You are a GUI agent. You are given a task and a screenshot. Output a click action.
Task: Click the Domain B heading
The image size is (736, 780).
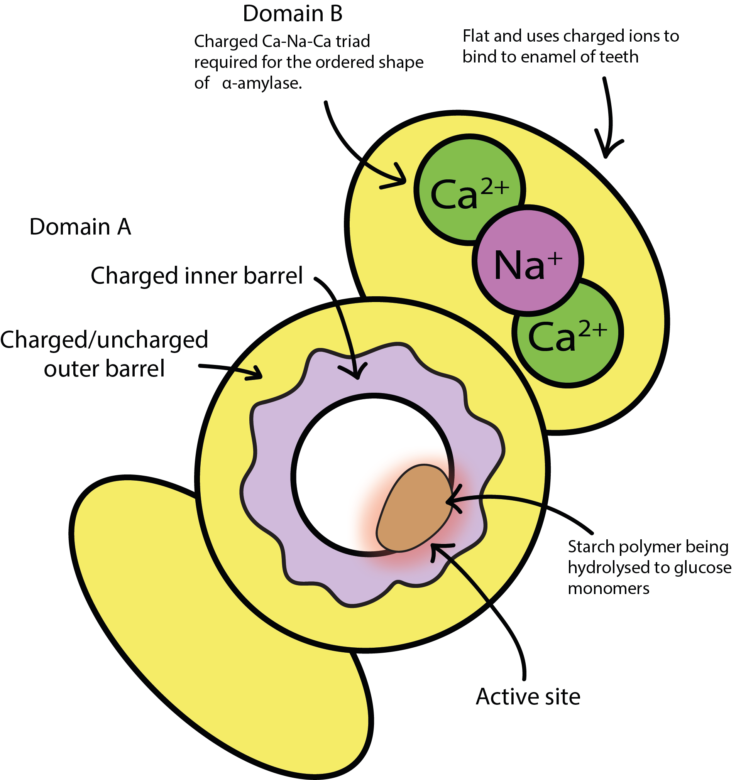pyautogui.click(x=293, y=14)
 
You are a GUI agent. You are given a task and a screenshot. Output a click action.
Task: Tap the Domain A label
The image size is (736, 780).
pyautogui.click(x=80, y=227)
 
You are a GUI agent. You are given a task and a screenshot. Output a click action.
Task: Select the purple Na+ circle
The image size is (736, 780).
pyautogui.click(x=528, y=260)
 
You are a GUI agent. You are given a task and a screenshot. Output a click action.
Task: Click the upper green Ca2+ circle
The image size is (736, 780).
pyautogui.click(x=469, y=190)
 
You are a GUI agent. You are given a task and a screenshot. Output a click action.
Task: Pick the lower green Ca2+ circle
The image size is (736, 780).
pyautogui.click(x=568, y=332)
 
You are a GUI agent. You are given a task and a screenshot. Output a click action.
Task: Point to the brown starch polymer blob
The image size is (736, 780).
pyautogui.click(x=415, y=508)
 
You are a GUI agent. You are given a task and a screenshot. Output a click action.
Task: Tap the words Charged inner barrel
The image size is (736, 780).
pyautogui.click(x=197, y=276)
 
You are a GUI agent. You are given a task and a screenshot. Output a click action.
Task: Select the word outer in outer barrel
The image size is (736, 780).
pyautogui.click(x=69, y=369)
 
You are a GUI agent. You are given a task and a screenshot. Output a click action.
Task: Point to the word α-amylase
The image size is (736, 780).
pyautogui.click(x=262, y=84)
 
